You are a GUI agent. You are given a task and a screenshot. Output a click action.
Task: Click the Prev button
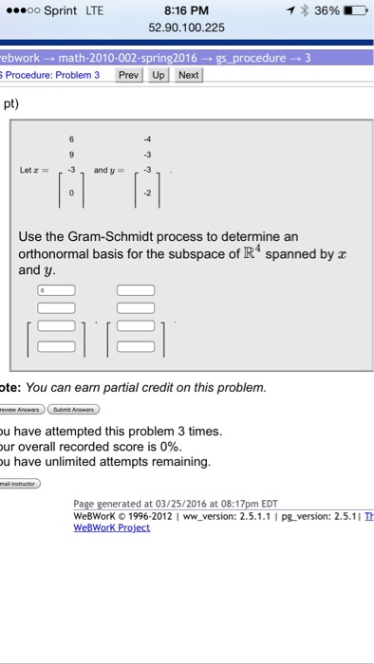point(127,74)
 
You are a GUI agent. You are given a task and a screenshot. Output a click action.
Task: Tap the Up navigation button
point(158,74)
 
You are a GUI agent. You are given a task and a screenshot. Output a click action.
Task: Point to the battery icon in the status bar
point(354,11)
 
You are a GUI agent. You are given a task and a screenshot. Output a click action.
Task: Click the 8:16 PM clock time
point(187,11)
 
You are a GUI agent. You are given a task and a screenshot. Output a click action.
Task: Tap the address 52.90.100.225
point(187,28)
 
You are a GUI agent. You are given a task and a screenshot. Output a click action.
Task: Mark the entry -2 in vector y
point(147,191)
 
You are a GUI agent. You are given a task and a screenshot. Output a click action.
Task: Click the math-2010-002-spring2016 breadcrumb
point(114,57)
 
